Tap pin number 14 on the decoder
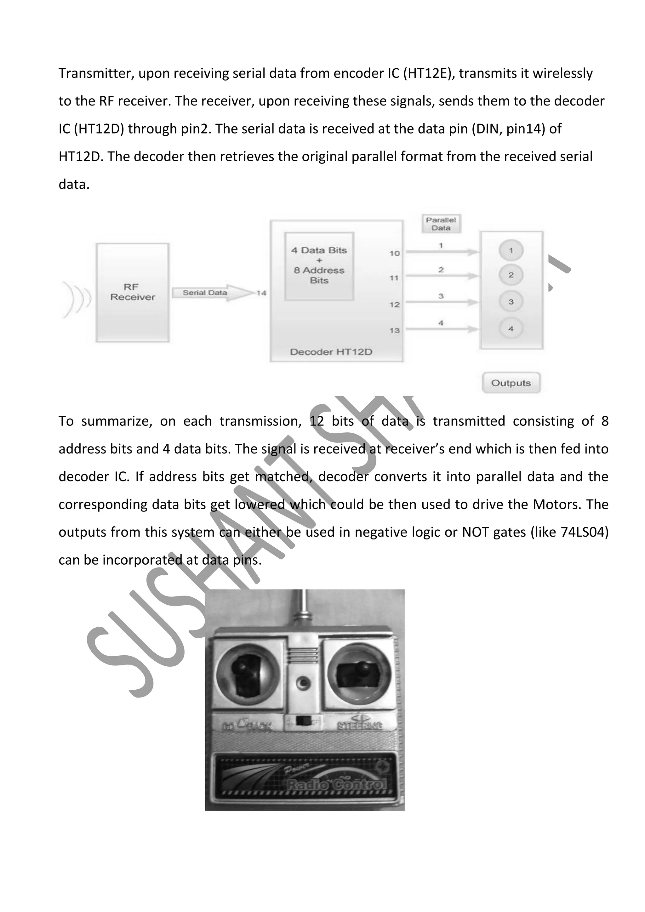pyautogui.click(x=261, y=293)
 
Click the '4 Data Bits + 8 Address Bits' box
pyautogui.click(x=319, y=266)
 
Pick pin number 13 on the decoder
pyautogui.click(x=394, y=330)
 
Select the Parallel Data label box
pyautogui.click(x=441, y=224)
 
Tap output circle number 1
pyautogui.click(x=511, y=251)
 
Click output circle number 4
pyautogui.click(x=511, y=328)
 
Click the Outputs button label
pyautogui.click(x=511, y=383)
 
